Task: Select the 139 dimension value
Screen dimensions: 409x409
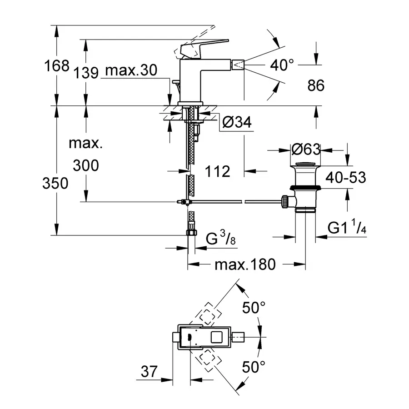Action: click(x=85, y=72)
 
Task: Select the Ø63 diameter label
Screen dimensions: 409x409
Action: click(x=306, y=150)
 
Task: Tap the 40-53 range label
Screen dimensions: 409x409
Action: click(x=345, y=178)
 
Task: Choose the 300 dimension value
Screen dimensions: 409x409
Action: click(x=85, y=165)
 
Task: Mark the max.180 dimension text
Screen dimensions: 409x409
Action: click(x=246, y=264)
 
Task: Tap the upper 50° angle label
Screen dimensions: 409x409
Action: click(x=253, y=308)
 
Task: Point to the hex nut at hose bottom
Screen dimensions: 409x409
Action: click(x=191, y=232)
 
